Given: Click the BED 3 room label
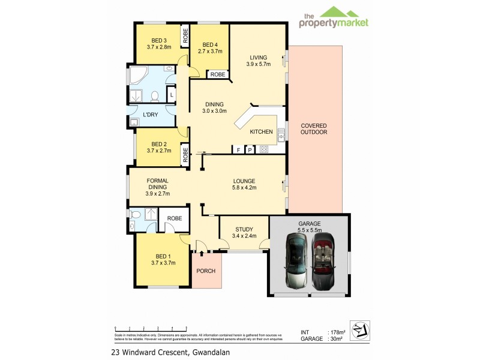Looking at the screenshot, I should (158, 40).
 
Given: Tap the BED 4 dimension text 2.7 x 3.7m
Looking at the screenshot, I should (210, 52).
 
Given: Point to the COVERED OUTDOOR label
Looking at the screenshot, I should (314, 128).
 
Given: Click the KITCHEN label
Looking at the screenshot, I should (261, 132).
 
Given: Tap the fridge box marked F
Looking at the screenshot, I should (238, 149).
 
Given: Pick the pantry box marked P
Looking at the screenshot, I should (250, 149).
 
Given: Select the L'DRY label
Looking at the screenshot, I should (150, 114).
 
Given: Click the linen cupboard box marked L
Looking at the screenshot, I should (172, 95).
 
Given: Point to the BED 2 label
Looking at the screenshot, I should (158, 144).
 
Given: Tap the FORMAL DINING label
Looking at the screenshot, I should (158, 184).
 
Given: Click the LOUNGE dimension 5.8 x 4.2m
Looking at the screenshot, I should (244, 187).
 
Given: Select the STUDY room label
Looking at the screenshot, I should (244, 229).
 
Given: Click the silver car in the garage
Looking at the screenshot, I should (296, 262).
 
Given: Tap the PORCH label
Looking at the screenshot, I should (206, 271).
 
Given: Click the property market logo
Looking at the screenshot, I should (334, 18).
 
